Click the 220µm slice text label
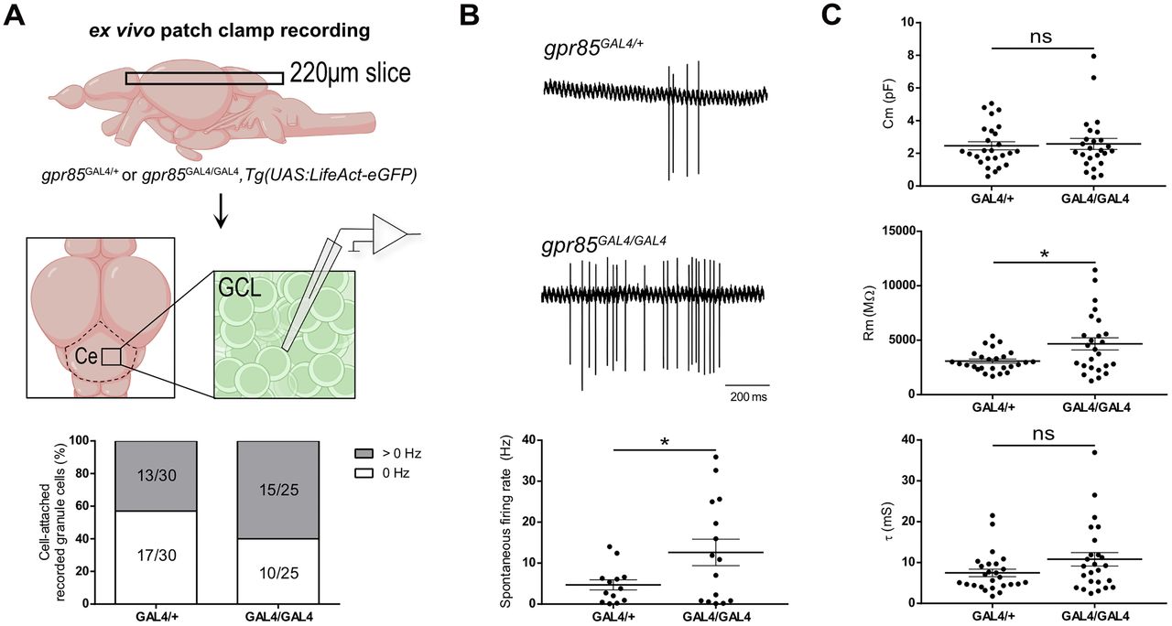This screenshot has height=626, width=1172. pyautogui.click(x=351, y=73)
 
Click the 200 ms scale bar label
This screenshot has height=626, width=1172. pyautogui.click(x=748, y=398)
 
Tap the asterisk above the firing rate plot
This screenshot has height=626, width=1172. pyautogui.click(x=664, y=442)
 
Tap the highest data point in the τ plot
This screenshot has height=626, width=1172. pyautogui.click(x=1068, y=452)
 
